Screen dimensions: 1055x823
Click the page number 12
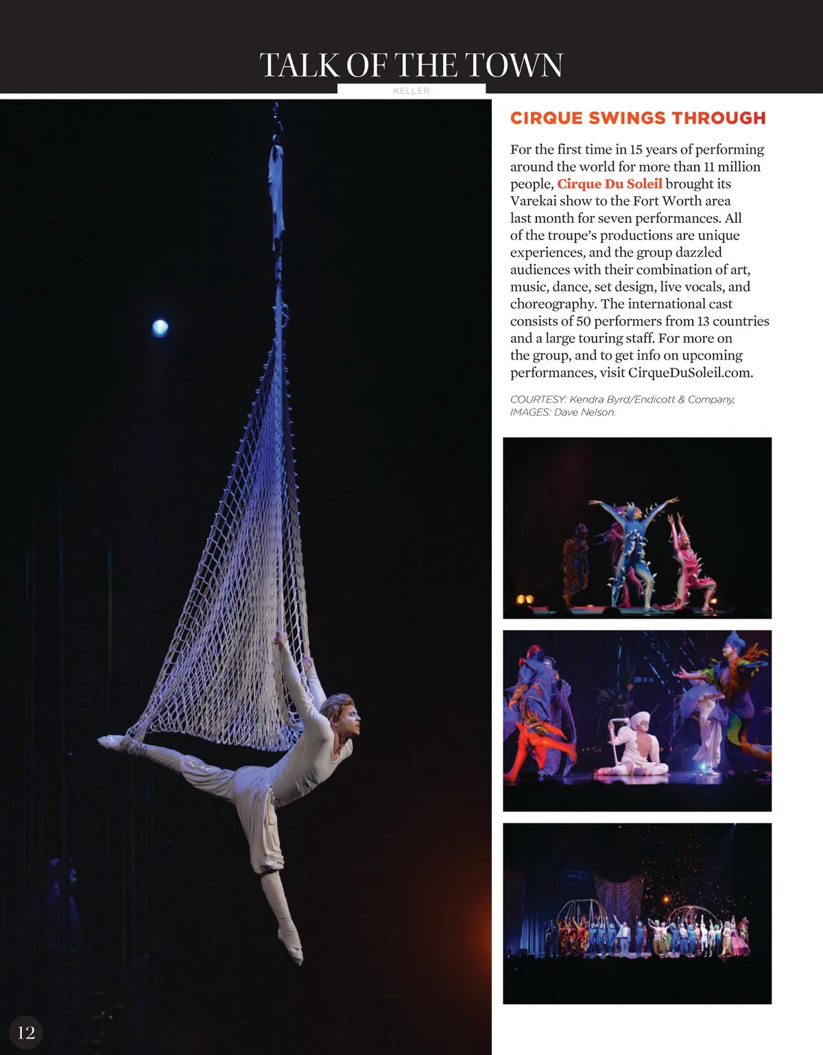[26, 1033]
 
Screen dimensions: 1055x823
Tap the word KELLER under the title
[411, 91]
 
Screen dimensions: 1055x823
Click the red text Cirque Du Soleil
[609, 184]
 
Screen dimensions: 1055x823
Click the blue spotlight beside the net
[160, 328]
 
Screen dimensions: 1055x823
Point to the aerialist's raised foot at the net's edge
[109, 741]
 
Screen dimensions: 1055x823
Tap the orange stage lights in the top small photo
[525, 599]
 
